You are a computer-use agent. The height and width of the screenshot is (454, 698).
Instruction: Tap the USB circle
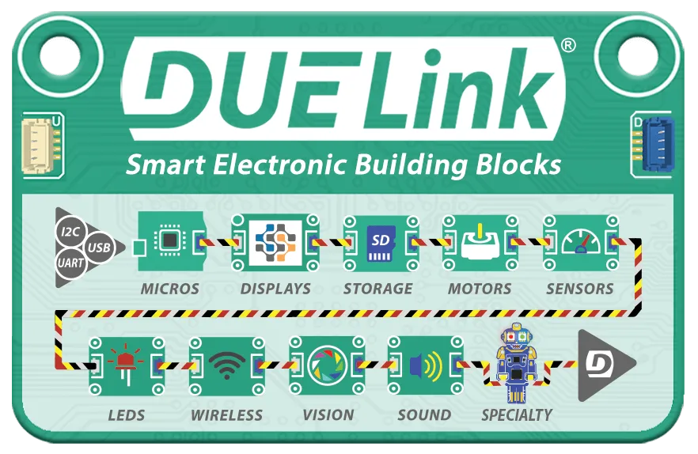tap(100, 248)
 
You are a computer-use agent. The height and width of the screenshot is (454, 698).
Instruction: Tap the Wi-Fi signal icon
tap(226, 365)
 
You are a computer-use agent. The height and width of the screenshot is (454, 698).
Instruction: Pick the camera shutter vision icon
tap(326, 365)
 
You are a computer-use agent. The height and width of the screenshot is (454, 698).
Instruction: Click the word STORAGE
tap(377, 289)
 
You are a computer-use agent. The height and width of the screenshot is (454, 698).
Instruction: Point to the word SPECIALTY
tap(517, 414)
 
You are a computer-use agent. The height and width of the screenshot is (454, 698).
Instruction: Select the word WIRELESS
tap(226, 414)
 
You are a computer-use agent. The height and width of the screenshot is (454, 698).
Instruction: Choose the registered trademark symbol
tap(567, 46)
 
